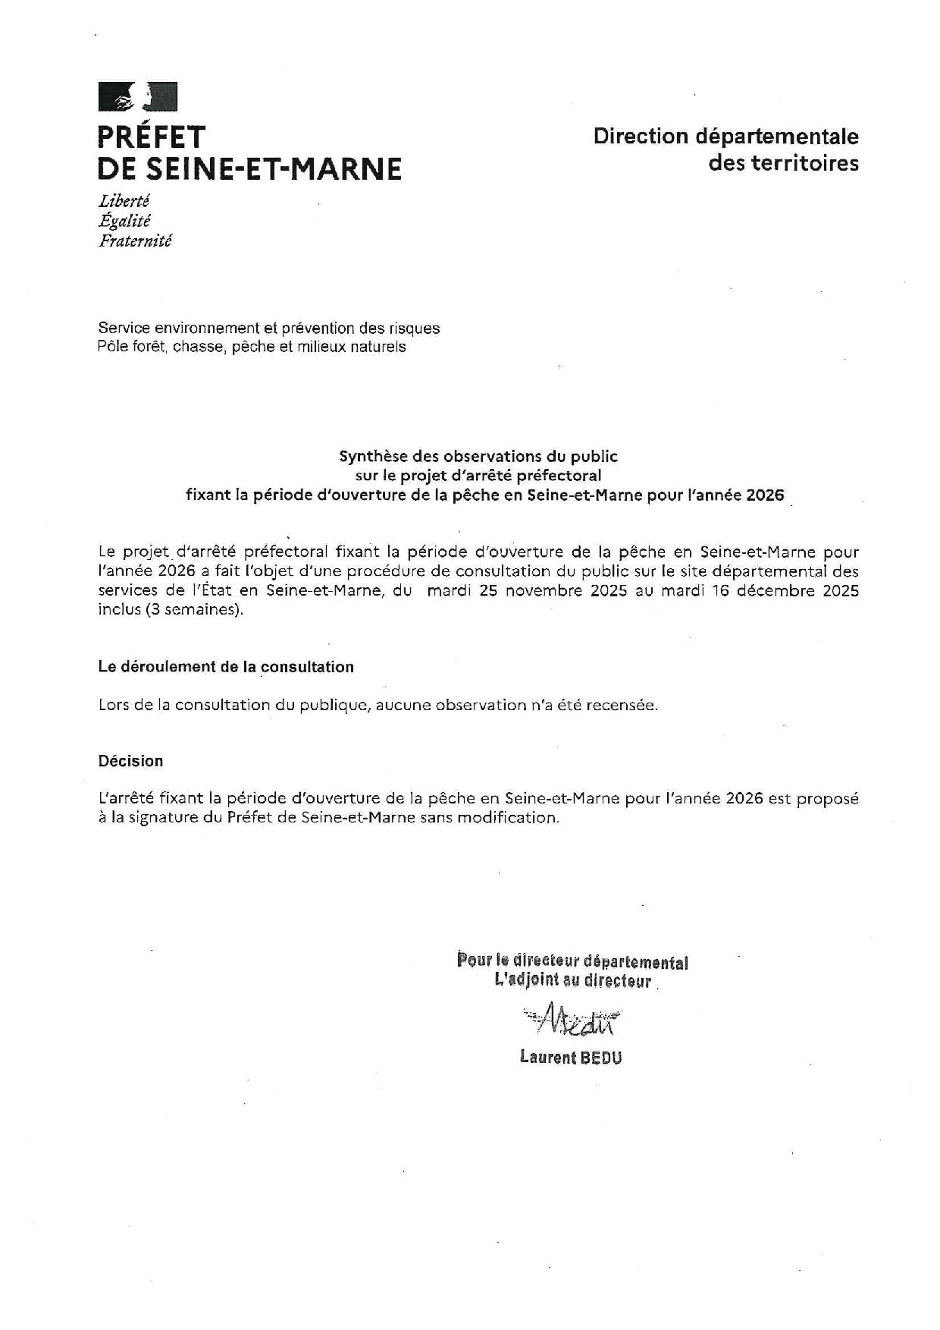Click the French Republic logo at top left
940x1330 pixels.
tap(137, 97)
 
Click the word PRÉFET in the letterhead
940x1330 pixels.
tap(152, 137)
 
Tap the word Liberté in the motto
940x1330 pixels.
tap(124, 201)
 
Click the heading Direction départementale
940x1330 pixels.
tap(725, 137)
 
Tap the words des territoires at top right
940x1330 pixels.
tap(783, 163)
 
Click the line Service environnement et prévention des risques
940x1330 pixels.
tap(268, 329)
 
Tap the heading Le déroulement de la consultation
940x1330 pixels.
tap(226, 667)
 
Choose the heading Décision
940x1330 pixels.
tap(130, 761)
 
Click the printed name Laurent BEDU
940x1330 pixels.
tap(571, 1057)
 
